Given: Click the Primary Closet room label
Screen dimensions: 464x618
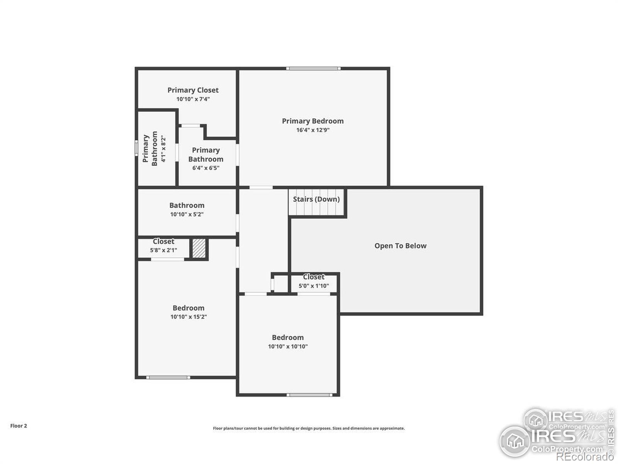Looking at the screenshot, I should (x=193, y=90).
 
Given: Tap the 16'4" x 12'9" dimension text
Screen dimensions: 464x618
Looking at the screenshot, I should (x=312, y=130).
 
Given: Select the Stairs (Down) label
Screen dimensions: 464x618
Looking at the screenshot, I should (x=316, y=199).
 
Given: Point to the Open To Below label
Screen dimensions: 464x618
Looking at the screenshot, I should (x=400, y=246).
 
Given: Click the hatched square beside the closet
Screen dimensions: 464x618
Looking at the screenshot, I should (x=199, y=248).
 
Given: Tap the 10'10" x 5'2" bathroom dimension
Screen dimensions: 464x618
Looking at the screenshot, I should (x=187, y=214).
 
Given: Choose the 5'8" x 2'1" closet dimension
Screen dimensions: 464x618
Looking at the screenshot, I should (x=163, y=250).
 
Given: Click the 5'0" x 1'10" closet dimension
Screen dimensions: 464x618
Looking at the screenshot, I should (x=314, y=286).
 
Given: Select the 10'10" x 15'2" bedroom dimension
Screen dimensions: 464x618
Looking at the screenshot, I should (x=188, y=317).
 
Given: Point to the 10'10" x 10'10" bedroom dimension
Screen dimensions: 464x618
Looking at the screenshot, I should (x=288, y=346).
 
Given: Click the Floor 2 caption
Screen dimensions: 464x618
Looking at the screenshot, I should (x=19, y=426).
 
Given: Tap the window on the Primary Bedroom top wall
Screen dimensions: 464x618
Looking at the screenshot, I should (x=313, y=69).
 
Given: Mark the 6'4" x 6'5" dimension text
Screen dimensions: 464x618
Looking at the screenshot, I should (x=205, y=168).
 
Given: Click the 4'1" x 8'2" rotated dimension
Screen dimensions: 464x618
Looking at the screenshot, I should (x=163, y=149).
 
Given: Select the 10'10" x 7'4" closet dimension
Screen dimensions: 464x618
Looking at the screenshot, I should (x=193, y=99).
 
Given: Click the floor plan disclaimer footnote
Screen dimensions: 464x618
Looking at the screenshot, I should (x=309, y=428).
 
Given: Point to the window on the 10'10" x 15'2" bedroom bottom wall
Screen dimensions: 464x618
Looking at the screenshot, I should (x=168, y=377).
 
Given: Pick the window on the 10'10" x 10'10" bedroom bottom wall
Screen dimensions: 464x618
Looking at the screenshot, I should (x=309, y=395).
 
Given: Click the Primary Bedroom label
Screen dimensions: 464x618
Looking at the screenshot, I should (x=312, y=121).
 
